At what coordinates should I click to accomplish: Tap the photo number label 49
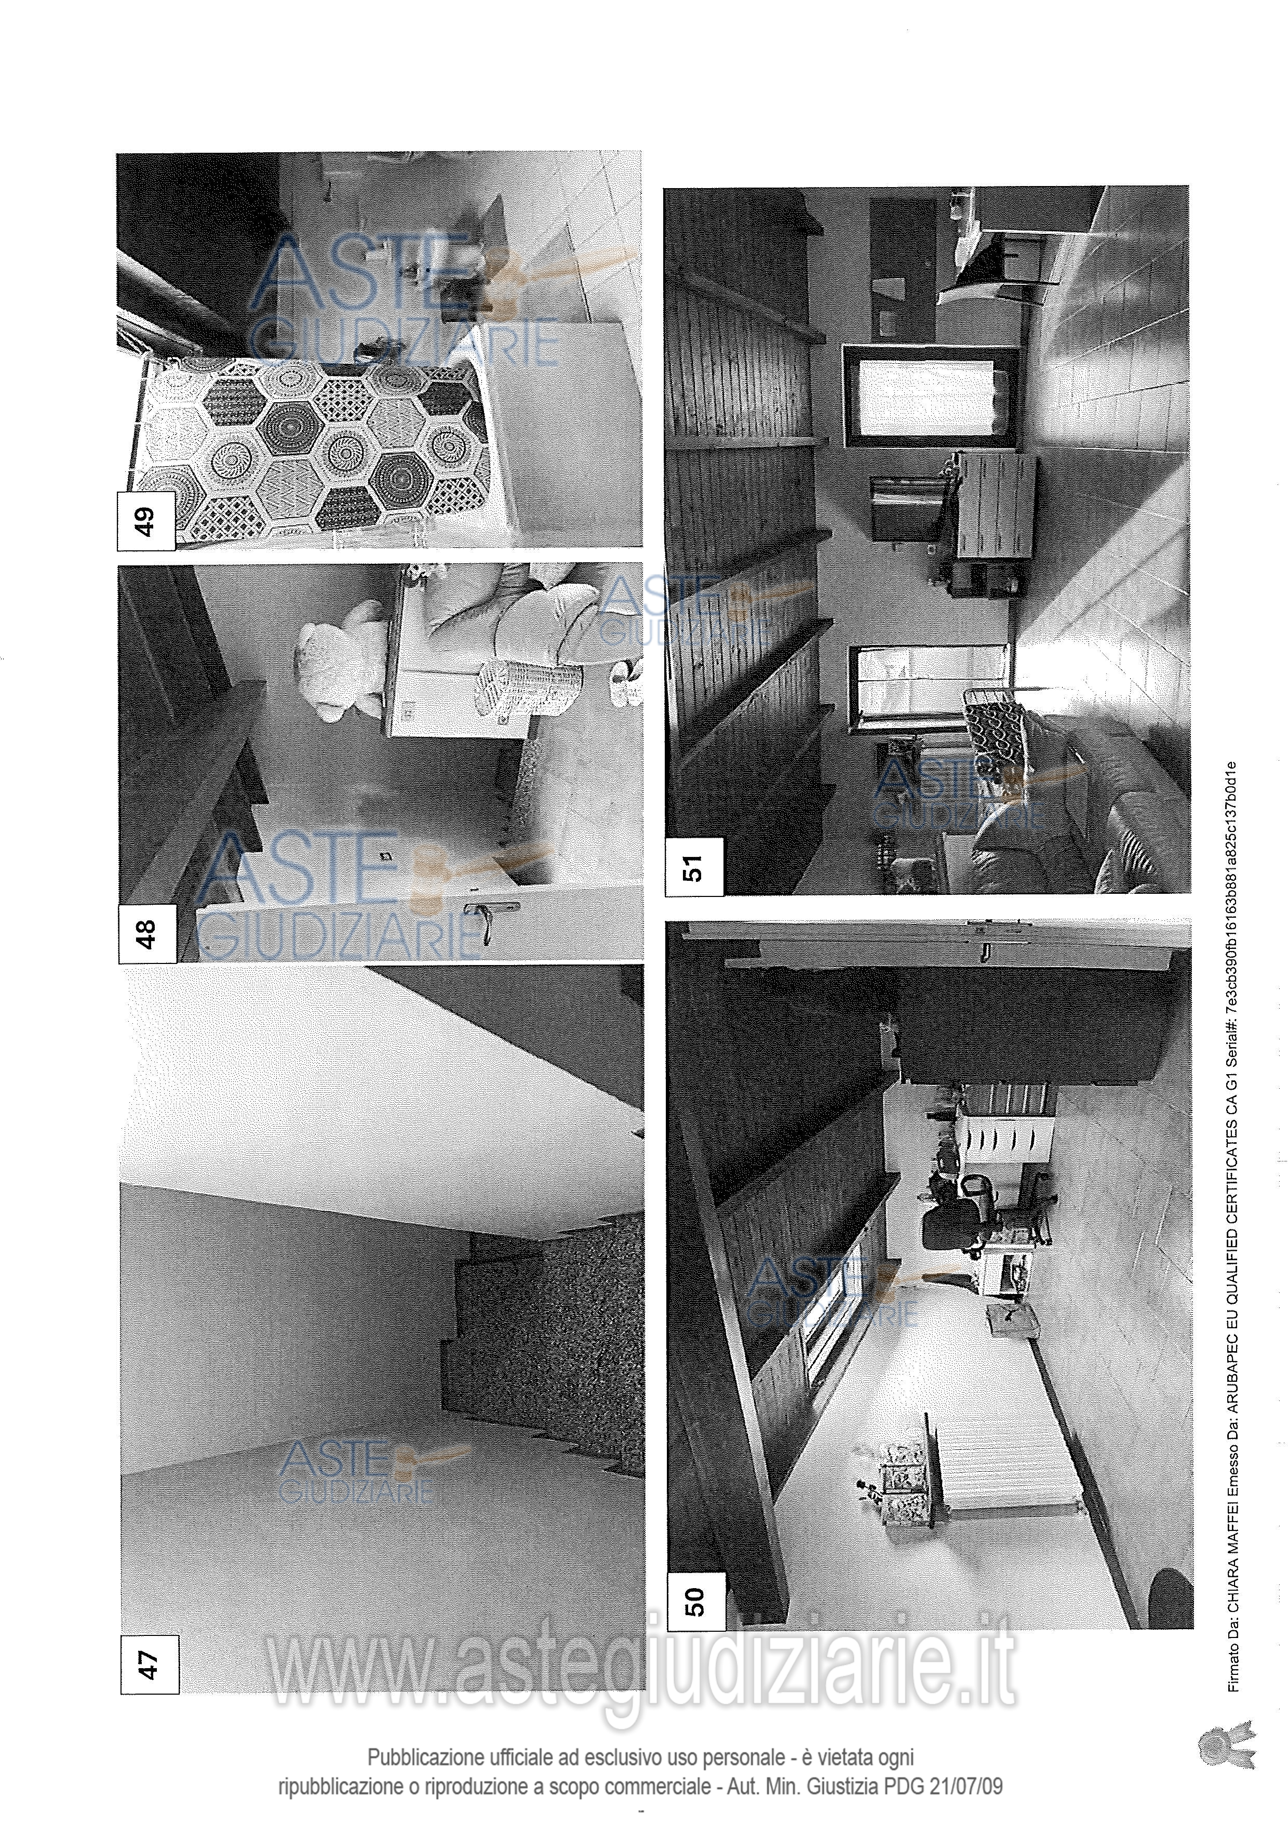click(146, 521)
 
